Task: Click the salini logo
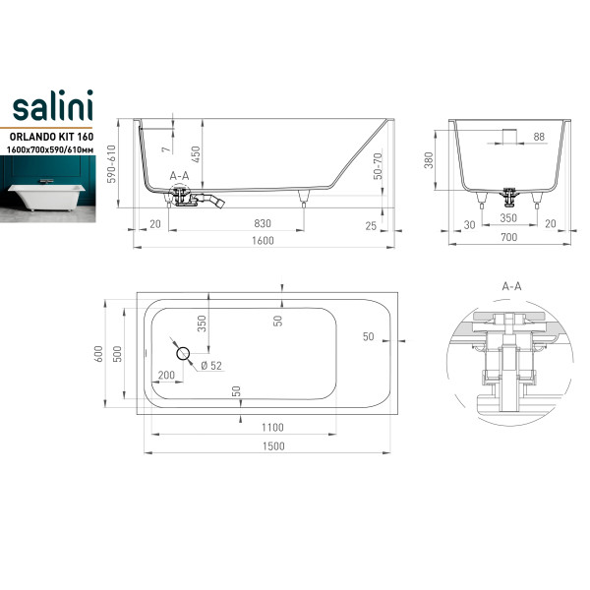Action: [x=53, y=105]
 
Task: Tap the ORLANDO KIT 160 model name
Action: [x=51, y=137]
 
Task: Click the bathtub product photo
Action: [x=48, y=189]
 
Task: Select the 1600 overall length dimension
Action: [x=263, y=241]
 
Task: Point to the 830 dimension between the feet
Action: [x=263, y=223]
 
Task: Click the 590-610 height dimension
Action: [x=111, y=164]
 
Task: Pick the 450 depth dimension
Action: [x=196, y=154]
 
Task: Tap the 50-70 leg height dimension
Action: [x=378, y=166]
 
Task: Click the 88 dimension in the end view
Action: [x=539, y=137]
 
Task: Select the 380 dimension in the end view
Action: [x=429, y=160]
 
